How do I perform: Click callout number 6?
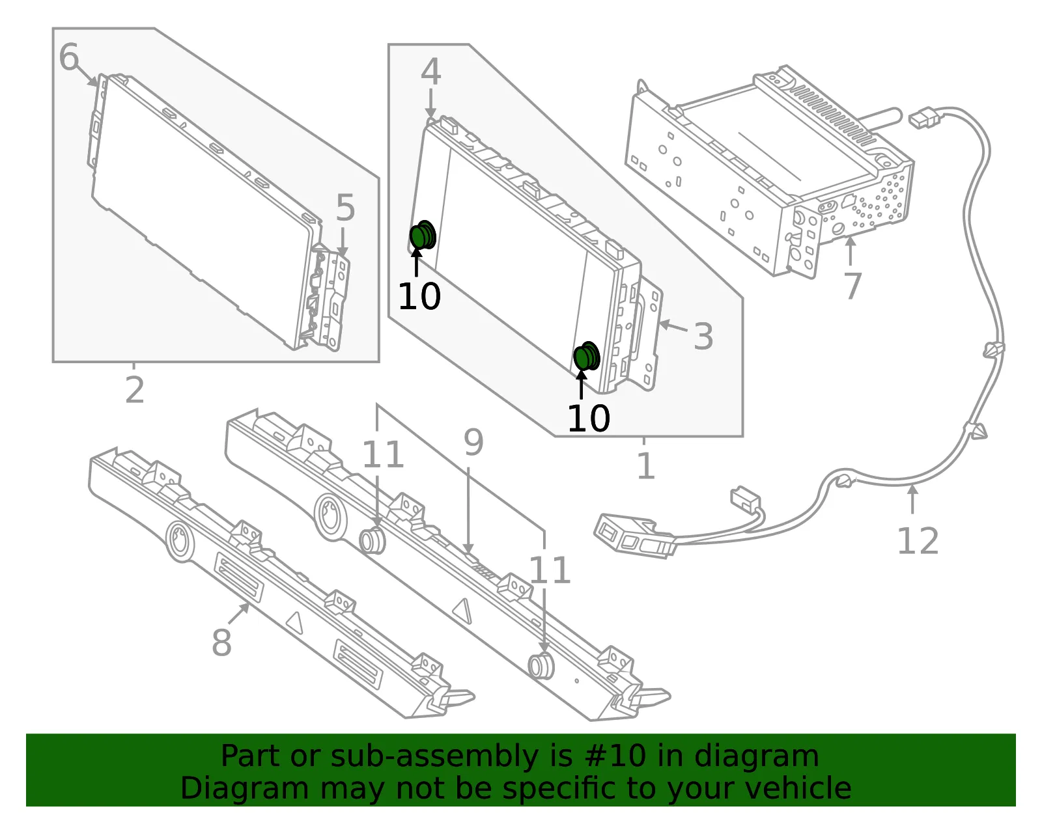tap(68, 57)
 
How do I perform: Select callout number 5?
tap(345, 208)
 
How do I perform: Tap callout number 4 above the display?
tap(430, 72)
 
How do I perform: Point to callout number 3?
tap(703, 336)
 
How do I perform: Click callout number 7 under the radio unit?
tap(852, 286)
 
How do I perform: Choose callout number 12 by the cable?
tap(918, 541)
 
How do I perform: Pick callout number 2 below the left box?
tap(134, 389)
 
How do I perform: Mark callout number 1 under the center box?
tap(646, 465)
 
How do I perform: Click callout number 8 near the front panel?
tap(221, 642)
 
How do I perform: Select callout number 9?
tap(473, 442)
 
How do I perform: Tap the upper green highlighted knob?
tap(423, 235)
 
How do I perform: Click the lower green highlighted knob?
tap(587, 356)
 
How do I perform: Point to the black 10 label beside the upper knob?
tap(419, 296)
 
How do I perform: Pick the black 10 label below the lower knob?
tap(589, 419)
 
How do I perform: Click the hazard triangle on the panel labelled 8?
tap(295, 624)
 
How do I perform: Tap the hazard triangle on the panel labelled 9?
tap(461, 610)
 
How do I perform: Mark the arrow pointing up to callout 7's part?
tap(850, 251)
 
